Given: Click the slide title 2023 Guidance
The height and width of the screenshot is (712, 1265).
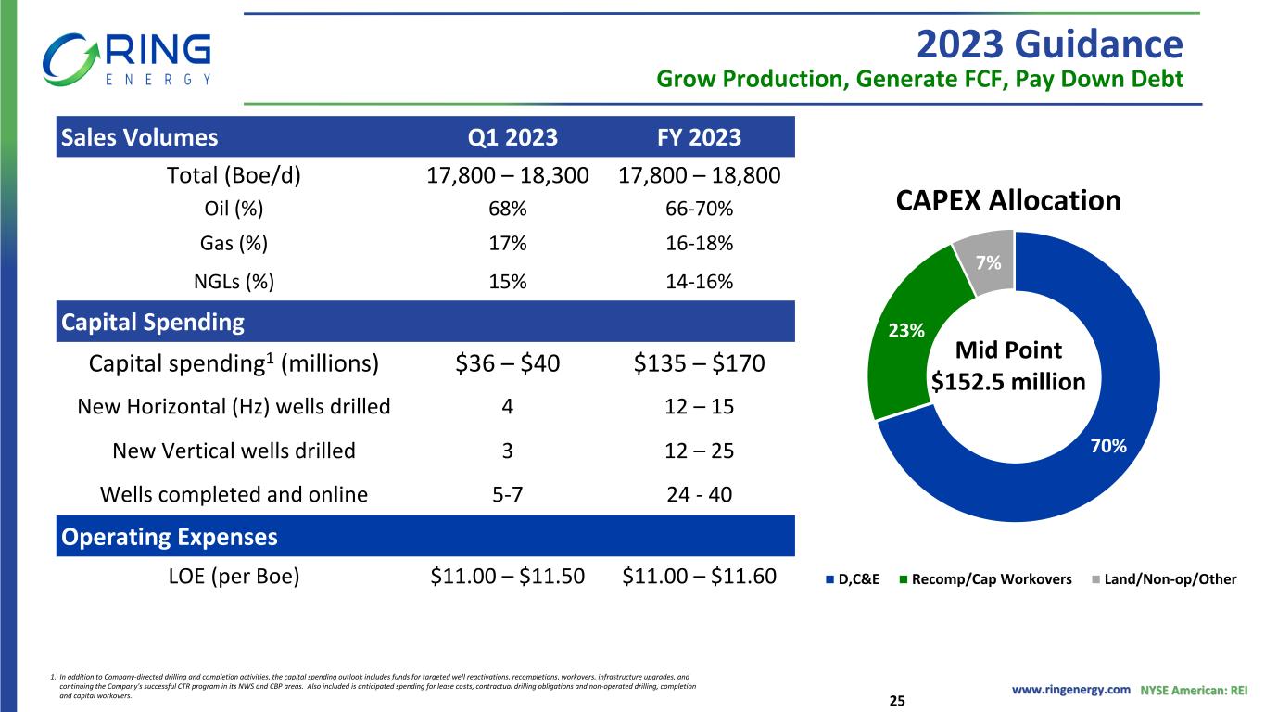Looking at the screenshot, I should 1048,44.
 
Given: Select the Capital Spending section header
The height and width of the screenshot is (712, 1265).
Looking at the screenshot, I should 153,323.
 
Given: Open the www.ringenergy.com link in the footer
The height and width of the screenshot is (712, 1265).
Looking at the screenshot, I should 1070,690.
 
